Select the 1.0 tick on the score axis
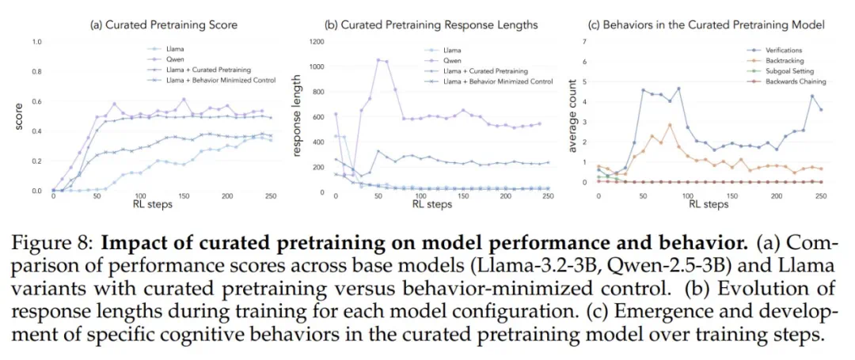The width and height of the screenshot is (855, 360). coord(36,41)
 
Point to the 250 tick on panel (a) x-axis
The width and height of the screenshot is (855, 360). coord(271,196)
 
